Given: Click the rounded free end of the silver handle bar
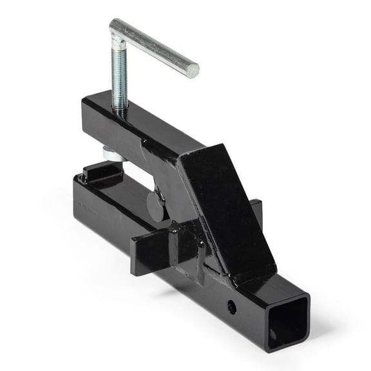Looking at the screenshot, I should point(193,70).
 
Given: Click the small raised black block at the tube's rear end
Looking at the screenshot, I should point(97,172).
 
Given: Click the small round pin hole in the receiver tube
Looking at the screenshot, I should point(231,307).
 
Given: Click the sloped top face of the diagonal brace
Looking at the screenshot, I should point(229,200).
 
